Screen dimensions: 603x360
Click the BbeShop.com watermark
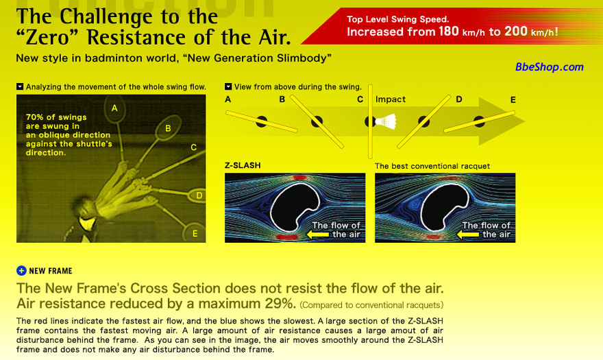[x=549, y=67]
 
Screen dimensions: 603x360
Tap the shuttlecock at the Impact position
[x=386, y=121]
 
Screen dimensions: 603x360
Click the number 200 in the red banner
[x=516, y=31]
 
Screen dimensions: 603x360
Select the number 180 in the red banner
[x=448, y=31]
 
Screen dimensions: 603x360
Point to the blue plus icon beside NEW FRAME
[x=21, y=271]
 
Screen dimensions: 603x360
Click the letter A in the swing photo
[x=114, y=108]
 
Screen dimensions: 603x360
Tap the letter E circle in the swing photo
[x=195, y=233]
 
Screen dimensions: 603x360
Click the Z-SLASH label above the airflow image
[x=243, y=165]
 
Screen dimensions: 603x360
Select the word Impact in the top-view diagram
[x=391, y=99]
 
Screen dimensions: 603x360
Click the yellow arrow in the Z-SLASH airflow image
[x=318, y=234]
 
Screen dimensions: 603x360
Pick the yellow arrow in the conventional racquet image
[x=467, y=234]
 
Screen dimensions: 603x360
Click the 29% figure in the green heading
[x=280, y=303]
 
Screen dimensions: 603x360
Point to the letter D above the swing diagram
[x=459, y=99]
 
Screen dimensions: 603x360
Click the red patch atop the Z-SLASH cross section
[x=299, y=178]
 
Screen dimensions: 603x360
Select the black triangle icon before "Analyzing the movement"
[x=20, y=86]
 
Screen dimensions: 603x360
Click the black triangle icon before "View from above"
[x=228, y=86]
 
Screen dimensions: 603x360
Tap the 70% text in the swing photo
[x=35, y=117]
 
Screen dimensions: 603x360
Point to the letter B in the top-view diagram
[x=282, y=99]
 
